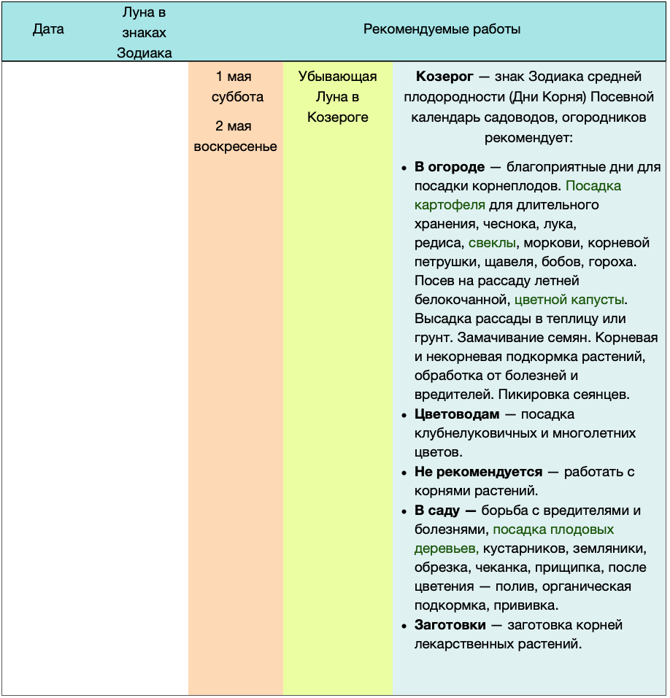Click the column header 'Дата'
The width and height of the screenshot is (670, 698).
(x=48, y=30)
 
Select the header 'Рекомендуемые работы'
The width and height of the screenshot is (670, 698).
(x=442, y=30)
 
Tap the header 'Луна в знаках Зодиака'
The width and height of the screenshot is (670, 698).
(x=145, y=33)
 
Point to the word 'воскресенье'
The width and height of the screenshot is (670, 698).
(x=235, y=147)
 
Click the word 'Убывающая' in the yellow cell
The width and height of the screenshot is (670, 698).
(x=337, y=77)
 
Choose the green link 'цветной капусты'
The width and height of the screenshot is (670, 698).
(x=569, y=300)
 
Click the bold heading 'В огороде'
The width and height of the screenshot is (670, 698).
(x=450, y=167)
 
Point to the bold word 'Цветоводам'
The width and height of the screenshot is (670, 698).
(x=457, y=414)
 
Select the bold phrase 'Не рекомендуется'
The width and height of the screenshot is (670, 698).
(x=478, y=472)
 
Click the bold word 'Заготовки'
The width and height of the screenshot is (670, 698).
(x=450, y=625)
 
